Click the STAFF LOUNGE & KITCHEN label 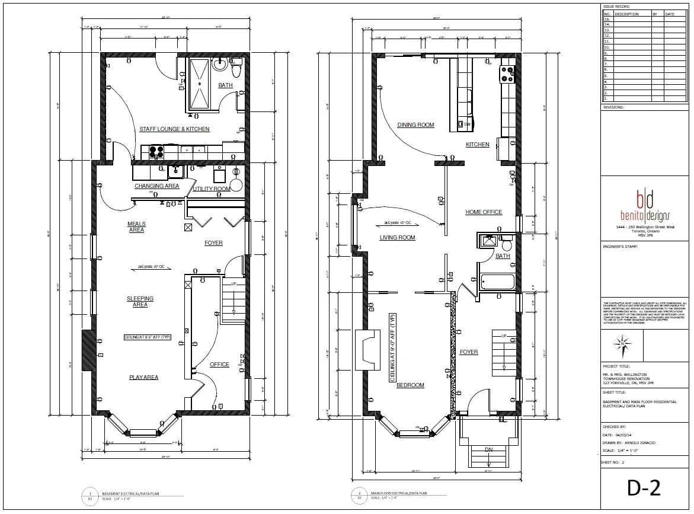174,129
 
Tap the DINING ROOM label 415,125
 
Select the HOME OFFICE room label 484,212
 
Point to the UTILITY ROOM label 212,189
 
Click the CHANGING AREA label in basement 156,186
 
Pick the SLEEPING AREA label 140,301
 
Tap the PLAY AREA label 144,377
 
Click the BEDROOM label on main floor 410,385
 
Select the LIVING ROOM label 397,238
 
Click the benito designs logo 645,205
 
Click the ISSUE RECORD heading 616,7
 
